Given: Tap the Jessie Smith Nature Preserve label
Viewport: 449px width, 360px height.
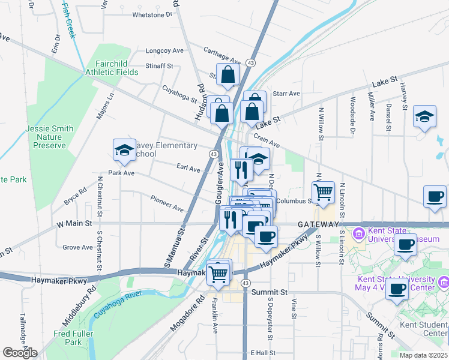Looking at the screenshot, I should point(49,137).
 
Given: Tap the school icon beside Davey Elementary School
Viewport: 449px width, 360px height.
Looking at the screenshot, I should point(124,150).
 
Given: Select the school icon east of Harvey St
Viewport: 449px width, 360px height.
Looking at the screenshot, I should point(424,116).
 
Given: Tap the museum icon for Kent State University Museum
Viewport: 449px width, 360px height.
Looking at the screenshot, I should point(359,232).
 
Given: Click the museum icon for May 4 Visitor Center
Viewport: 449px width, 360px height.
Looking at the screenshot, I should point(443,281).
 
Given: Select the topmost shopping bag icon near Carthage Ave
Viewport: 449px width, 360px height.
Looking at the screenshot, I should point(228,75).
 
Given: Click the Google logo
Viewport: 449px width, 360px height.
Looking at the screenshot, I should point(20,353).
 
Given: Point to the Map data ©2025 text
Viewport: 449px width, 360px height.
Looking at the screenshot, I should point(423,355).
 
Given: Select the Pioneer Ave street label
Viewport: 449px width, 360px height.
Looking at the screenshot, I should point(167,204).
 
